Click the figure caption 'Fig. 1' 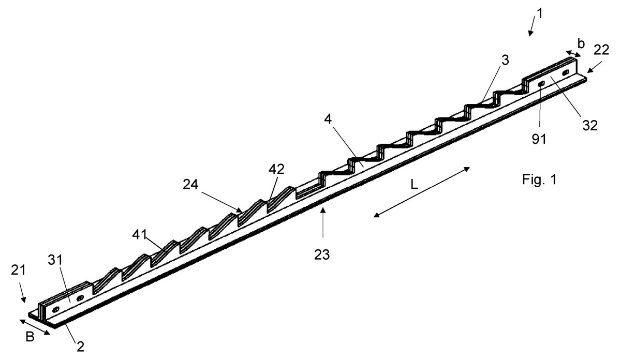click(539, 179)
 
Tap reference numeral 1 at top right click(539, 13)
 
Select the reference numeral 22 click(601, 50)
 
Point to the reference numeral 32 click(589, 126)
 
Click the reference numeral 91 click(539, 139)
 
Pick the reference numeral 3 click(506, 60)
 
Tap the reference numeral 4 click(328, 119)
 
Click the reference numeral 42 click(276, 169)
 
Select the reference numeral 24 click(190, 184)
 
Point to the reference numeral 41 click(139, 234)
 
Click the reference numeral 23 click(322, 254)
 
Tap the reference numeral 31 click(55, 260)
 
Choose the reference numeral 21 click(18, 270)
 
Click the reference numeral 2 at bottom click(80, 347)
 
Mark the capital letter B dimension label click(29, 337)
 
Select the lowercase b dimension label click(581, 44)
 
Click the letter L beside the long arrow click(414, 184)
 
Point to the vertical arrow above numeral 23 click(323, 223)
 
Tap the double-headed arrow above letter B click(35, 327)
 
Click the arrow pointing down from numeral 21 click(22, 292)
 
